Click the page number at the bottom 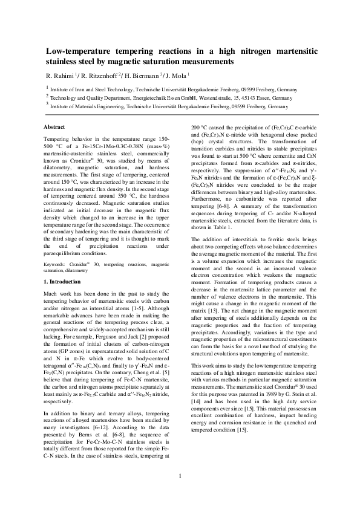click(180, 493)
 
